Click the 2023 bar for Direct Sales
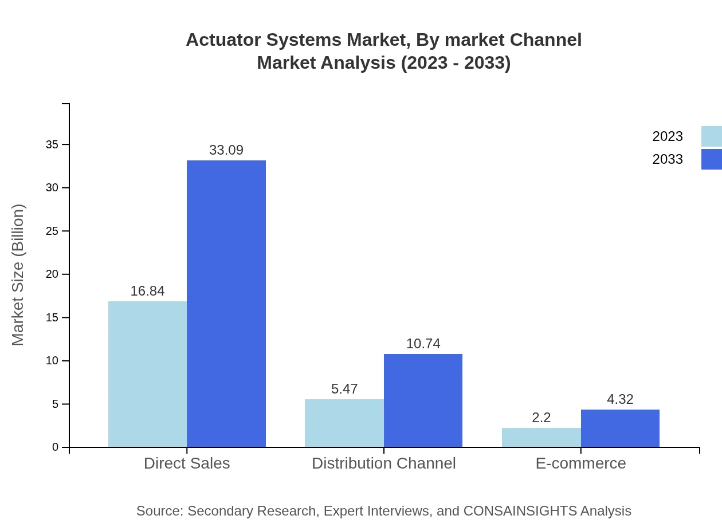[x=147, y=374]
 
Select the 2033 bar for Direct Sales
[x=226, y=304]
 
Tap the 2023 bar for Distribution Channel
[x=344, y=423]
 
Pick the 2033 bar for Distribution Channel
[x=423, y=400]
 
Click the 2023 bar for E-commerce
[x=541, y=437]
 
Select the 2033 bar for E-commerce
[x=620, y=428]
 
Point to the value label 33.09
[x=226, y=150]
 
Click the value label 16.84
[x=147, y=291]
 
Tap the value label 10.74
[x=423, y=344]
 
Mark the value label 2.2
[x=541, y=418]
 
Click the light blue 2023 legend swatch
[x=711, y=136]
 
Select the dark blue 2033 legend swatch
[x=711, y=159]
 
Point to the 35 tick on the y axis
[x=52, y=145]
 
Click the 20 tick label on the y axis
[x=52, y=274]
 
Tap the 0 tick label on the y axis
[x=56, y=447]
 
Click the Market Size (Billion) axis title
[x=18, y=275]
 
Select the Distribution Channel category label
[x=383, y=463]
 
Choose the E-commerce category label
[x=580, y=463]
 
